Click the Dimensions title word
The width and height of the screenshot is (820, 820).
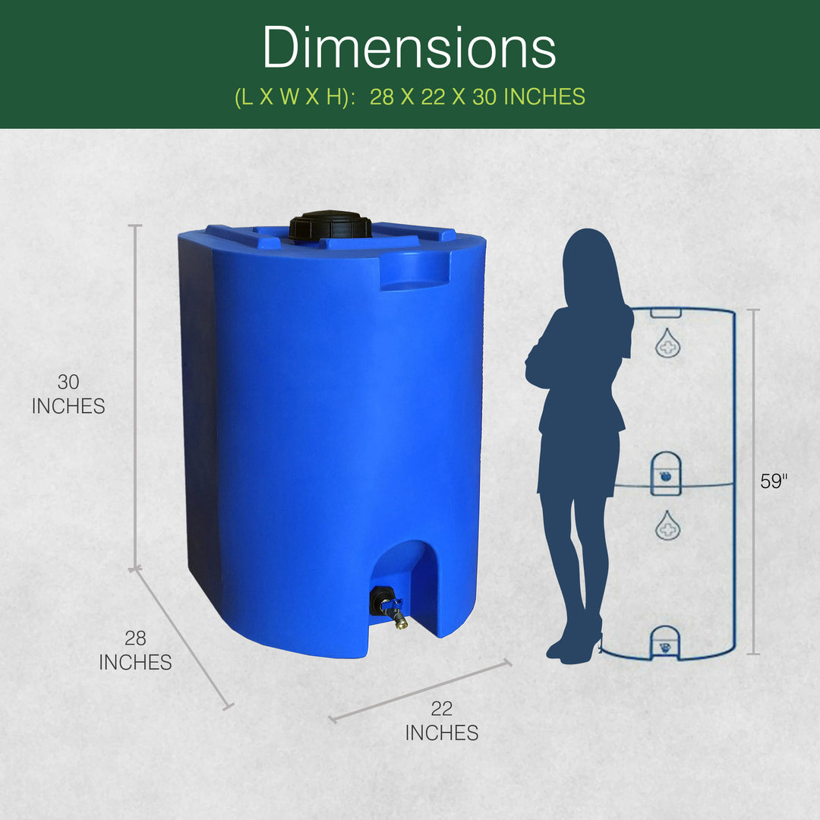coord(409,47)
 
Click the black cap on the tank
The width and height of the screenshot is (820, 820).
coord(330,225)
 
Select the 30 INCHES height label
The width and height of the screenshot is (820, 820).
coord(68,394)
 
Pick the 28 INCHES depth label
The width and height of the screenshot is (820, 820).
coord(135,651)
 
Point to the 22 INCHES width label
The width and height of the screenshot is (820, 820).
coord(441,721)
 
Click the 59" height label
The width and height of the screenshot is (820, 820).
coord(774,481)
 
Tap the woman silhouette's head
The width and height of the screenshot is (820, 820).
coord(591,262)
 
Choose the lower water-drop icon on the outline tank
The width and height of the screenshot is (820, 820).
coord(667,525)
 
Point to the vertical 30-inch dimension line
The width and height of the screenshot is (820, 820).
coord(136,395)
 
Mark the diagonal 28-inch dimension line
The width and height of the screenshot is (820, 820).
coord(182,638)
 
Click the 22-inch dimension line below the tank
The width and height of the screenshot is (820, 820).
coord(420,691)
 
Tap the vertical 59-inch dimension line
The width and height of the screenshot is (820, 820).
coord(753,481)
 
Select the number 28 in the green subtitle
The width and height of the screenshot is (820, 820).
coord(382,97)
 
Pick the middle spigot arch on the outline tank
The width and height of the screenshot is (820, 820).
coord(666,472)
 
